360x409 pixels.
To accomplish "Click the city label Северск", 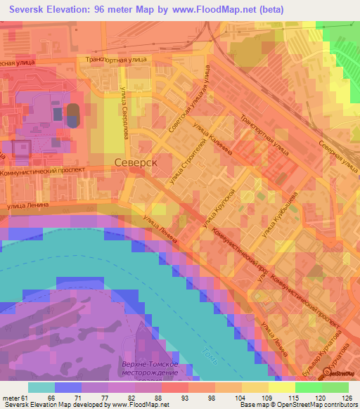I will [x=135, y=162].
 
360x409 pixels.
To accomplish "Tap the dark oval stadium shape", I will [x=72, y=114].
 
